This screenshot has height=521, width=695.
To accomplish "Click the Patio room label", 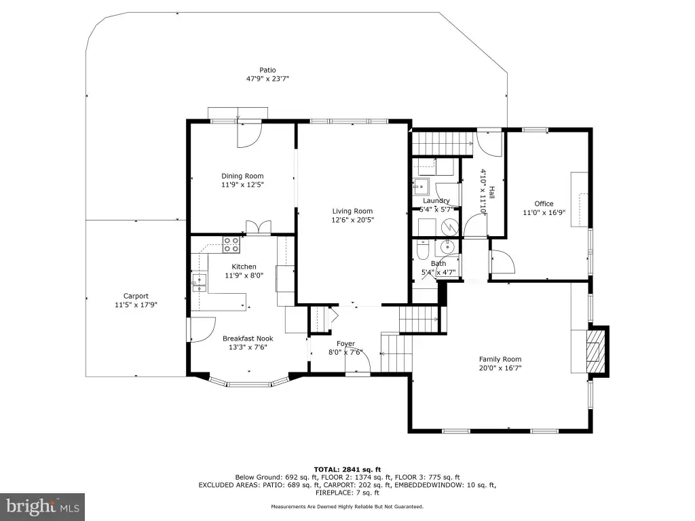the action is pyautogui.click(x=267, y=70).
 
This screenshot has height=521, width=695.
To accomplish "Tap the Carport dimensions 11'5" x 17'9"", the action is pyautogui.click(x=136, y=305).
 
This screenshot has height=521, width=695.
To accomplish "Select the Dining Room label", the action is pyautogui.click(x=242, y=176).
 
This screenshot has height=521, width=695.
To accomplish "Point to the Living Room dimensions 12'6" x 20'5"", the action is pyautogui.click(x=353, y=220).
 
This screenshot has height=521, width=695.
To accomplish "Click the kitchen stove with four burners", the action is pyautogui.click(x=231, y=244).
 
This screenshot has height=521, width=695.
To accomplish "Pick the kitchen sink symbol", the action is pyautogui.click(x=199, y=283).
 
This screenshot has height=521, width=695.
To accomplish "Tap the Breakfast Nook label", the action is pyautogui.click(x=248, y=339).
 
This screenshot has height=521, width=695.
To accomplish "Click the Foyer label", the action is pyautogui.click(x=345, y=344).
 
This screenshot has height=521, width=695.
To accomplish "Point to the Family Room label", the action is pyautogui.click(x=500, y=360).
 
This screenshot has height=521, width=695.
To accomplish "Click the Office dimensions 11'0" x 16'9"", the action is pyautogui.click(x=544, y=212).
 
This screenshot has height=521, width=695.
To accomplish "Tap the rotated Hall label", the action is pyautogui.click(x=491, y=192).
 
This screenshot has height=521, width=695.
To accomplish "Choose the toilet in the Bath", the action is pyautogui.click(x=423, y=250).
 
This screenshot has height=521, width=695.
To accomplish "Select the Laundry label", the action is pyautogui.click(x=436, y=201).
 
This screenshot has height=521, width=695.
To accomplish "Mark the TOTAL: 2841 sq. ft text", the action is pyautogui.click(x=347, y=469).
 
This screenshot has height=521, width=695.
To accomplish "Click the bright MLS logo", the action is pyautogui.click(x=43, y=507).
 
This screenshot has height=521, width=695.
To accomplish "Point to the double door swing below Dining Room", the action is pyautogui.click(x=259, y=227).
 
